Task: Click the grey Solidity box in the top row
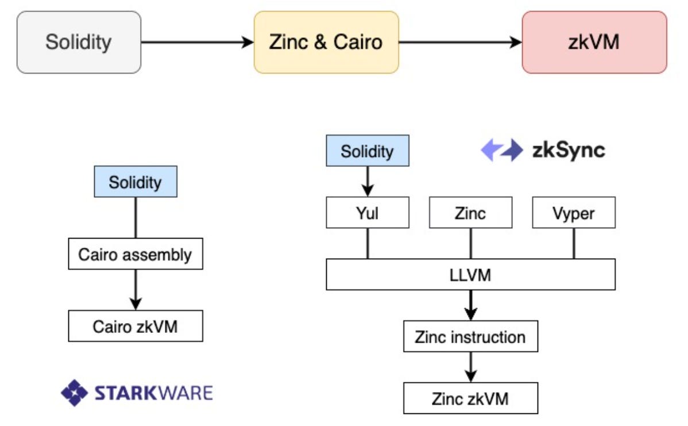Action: tap(79, 43)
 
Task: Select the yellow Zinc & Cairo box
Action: tap(326, 43)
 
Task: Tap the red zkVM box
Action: tap(594, 43)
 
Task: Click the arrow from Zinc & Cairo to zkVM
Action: tap(459, 43)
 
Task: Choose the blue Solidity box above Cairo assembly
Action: tap(135, 182)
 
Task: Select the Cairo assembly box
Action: tap(135, 255)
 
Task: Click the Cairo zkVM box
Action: tap(135, 327)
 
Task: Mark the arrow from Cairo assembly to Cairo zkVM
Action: tap(135, 290)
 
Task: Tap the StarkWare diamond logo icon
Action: tap(74, 393)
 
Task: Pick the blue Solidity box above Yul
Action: tap(368, 151)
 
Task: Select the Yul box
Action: tap(368, 213)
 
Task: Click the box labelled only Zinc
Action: tap(470, 213)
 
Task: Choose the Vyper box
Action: tap(574, 213)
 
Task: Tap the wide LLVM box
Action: tap(470, 275)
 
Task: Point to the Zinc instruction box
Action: tap(470, 336)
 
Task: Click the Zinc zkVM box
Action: tap(470, 398)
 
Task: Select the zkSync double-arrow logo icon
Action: tap(501, 151)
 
